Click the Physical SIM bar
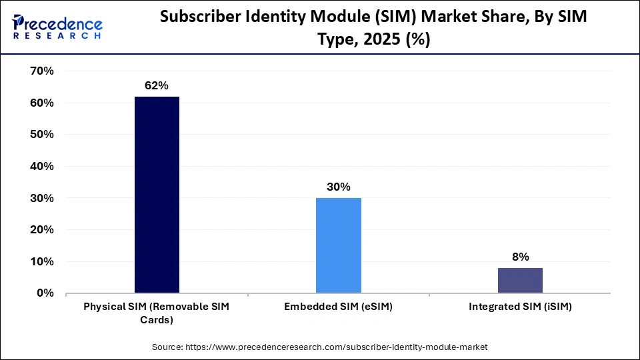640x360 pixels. [157, 195]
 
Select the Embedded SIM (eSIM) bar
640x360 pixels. [338, 245]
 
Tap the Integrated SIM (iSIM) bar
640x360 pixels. [520, 280]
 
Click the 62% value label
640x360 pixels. [157, 86]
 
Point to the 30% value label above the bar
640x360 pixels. [338, 187]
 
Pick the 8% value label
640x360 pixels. [520, 257]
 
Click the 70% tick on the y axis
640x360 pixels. [42, 71]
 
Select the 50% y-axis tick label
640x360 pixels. [42, 135]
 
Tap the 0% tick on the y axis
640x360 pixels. [45, 293]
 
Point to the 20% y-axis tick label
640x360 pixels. [42, 229]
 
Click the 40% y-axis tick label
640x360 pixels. [42, 166]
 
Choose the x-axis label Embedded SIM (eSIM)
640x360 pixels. [338, 307]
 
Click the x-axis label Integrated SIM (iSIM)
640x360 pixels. [520, 307]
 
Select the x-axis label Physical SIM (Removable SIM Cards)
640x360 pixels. [157, 313]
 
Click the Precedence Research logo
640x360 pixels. [57, 27]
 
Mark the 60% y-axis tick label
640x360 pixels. [42, 103]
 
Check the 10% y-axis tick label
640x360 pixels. [42, 261]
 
